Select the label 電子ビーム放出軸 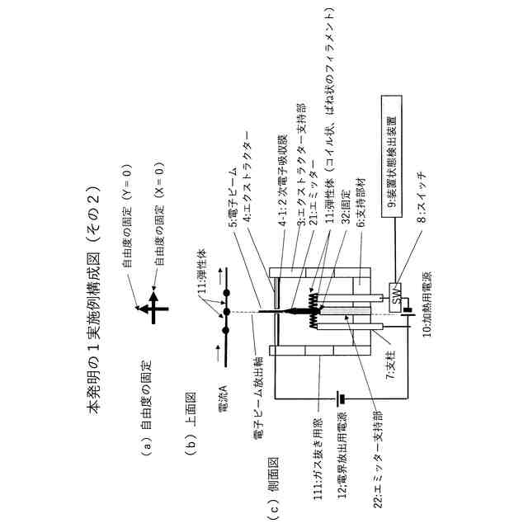click(254, 395)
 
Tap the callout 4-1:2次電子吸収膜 click(282, 181)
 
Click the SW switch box click(396, 296)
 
